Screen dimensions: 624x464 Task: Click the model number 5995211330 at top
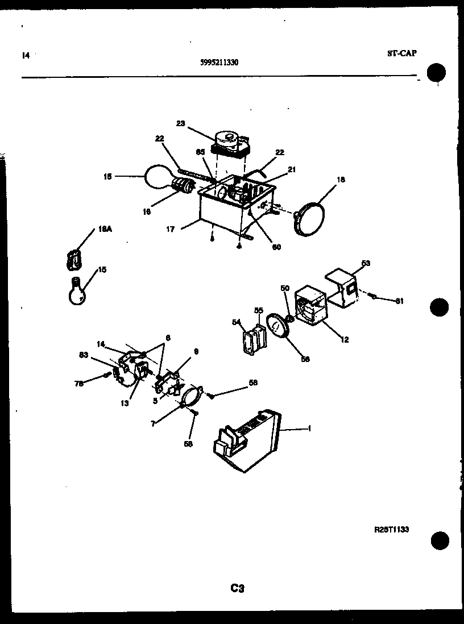[219, 63]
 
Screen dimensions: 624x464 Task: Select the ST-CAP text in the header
[401, 53]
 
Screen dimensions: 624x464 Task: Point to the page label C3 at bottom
[237, 589]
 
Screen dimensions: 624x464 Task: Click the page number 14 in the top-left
[25, 56]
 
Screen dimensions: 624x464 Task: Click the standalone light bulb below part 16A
[77, 290]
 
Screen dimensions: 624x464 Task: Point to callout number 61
[399, 301]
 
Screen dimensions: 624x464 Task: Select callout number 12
[345, 340]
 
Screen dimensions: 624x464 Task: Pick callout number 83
[84, 355]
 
